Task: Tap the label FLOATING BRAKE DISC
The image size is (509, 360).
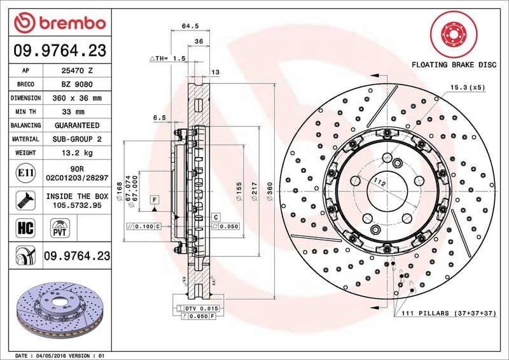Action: click(454, 65)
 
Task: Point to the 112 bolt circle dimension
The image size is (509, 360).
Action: click(380, 183)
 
